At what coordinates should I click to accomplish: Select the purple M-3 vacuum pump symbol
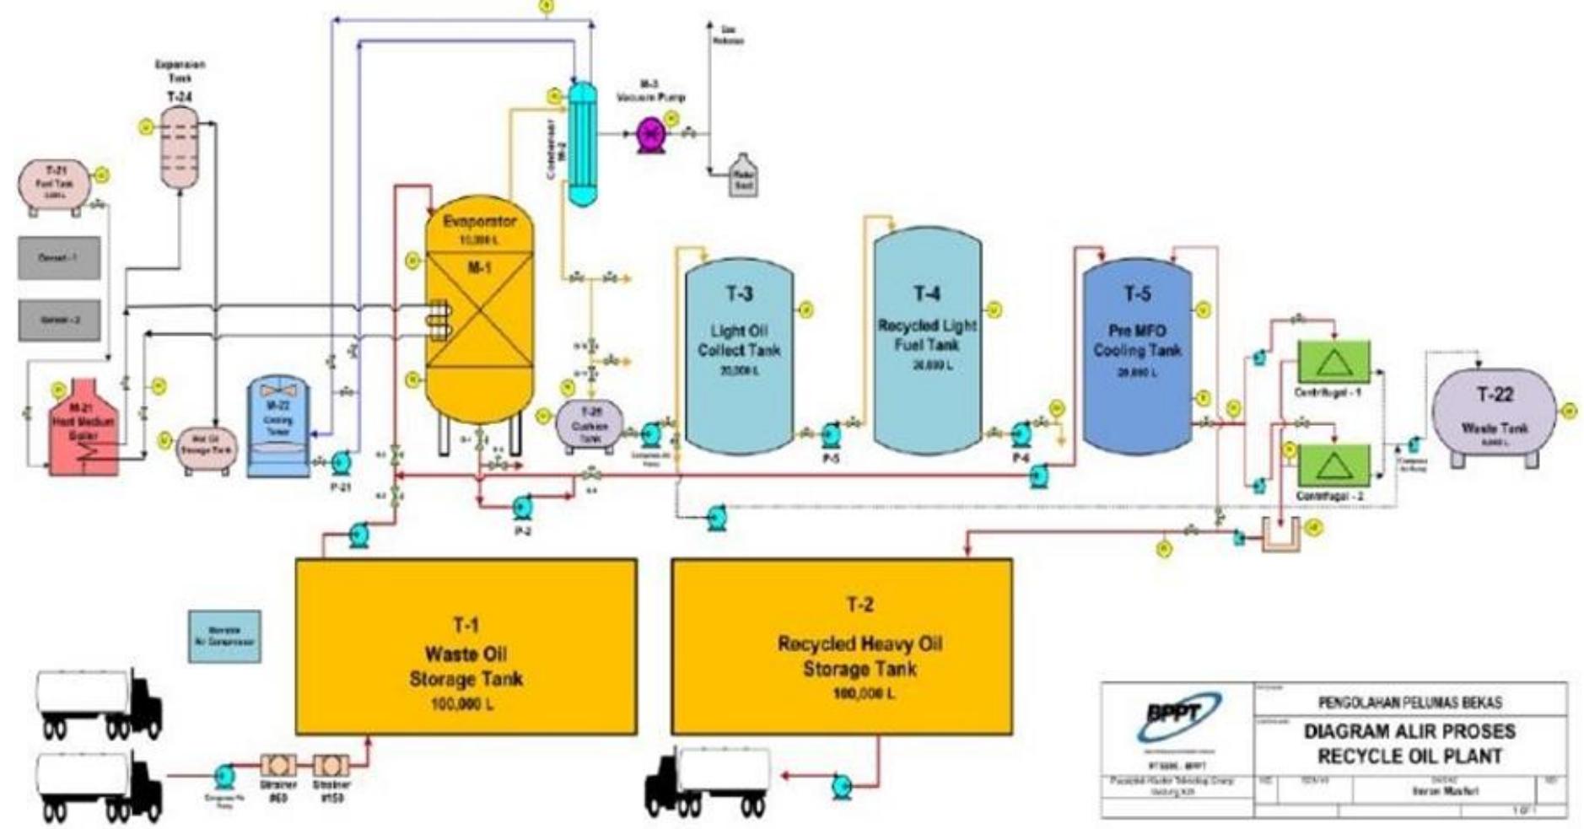click(650, 133)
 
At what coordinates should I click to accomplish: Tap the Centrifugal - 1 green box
click(1333, 361)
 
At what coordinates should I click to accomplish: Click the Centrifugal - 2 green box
click(1333, 466)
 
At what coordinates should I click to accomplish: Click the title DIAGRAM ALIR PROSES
click(1409, 731)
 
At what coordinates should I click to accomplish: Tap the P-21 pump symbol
click(340, 462)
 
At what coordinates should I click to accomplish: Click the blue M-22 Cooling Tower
click(278, 426)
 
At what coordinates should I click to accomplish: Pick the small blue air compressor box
click(224, 637)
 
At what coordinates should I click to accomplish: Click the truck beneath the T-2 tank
click(708, 780)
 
